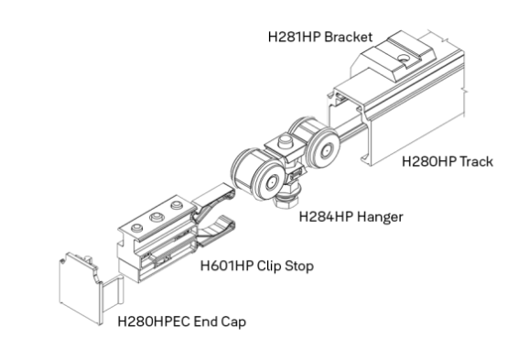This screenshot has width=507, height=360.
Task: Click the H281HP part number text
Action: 295,37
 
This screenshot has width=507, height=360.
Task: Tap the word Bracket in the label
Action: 349,37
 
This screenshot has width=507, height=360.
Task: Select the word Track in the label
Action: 476,161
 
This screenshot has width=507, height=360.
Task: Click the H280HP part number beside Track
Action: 429,161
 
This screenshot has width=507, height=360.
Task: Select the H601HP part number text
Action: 227,267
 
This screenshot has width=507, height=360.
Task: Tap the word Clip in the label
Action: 269,267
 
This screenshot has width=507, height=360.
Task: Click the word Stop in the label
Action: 299,267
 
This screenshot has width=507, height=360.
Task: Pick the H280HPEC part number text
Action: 154,322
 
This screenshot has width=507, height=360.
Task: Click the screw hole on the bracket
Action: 404,59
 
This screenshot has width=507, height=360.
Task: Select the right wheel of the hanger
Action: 325,151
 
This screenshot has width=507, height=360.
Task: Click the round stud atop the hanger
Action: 285,140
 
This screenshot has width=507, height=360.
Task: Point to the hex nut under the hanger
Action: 286,202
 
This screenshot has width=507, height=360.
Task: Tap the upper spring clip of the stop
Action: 214,197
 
